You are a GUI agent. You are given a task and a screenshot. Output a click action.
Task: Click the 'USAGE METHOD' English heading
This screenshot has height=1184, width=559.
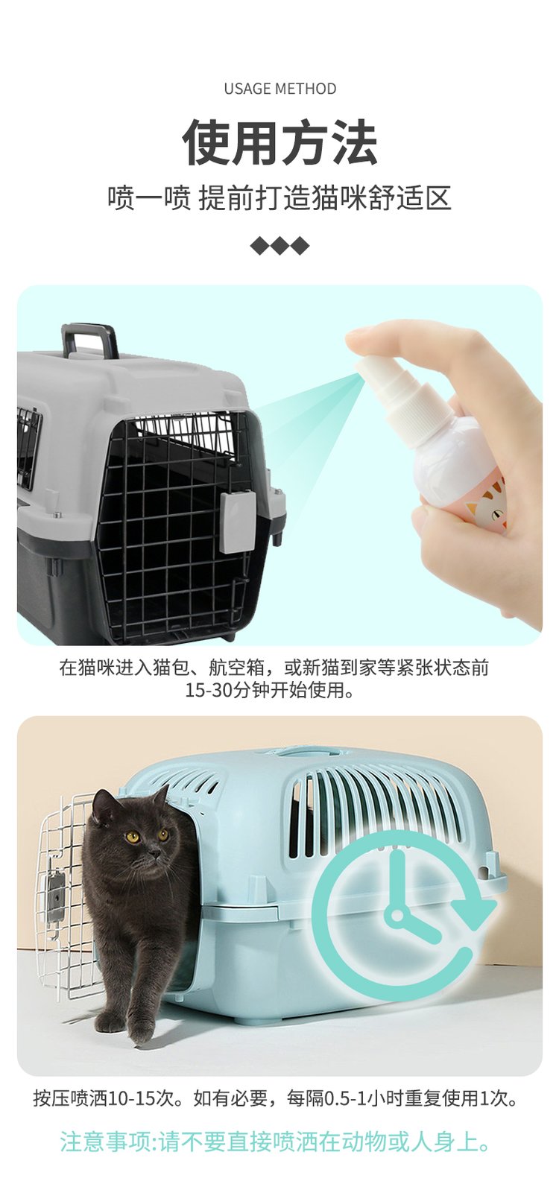[x=279, y=89]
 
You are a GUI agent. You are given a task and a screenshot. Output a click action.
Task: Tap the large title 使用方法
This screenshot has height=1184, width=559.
[x=279, y=142]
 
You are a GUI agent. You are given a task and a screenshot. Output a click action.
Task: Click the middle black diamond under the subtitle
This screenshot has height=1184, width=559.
[x=279, y=246]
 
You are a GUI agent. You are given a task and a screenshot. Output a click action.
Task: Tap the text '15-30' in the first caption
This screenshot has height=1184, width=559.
[x=209, y=690]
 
